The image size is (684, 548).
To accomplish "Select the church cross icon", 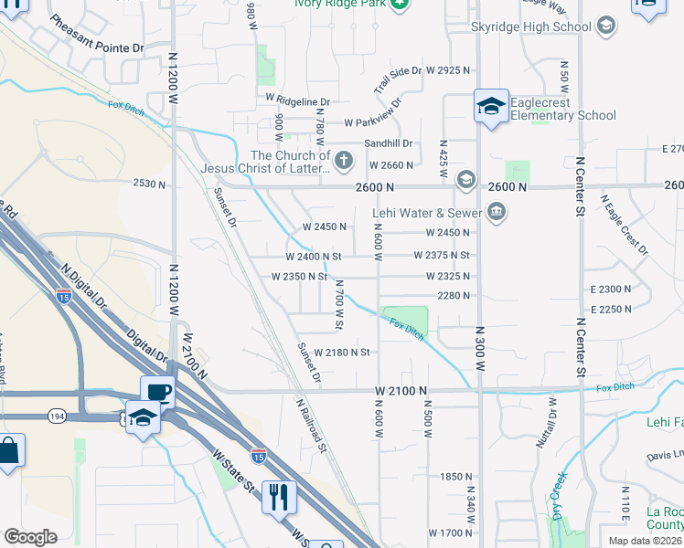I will [344, 162].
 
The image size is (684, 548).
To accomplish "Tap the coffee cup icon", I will [157, 391].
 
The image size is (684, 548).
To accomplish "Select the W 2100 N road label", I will [401, 391].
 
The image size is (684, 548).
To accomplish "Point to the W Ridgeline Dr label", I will [298, 100].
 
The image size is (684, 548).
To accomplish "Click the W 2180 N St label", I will [341, 353].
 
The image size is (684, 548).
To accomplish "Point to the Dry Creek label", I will [560, 494].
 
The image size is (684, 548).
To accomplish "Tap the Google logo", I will [30, 537].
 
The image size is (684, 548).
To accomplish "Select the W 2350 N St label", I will [298, 276].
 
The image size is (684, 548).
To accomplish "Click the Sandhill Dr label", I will [390, 143].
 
